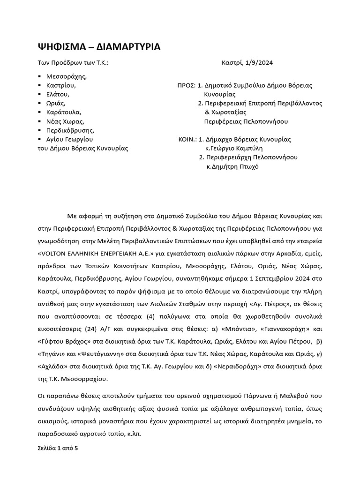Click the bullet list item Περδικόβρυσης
click(x=70, y=130)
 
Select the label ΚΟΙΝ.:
click(x=187, y=139)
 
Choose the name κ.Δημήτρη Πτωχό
click(x=232, y=166)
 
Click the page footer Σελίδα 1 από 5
click(x=58, y=448)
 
